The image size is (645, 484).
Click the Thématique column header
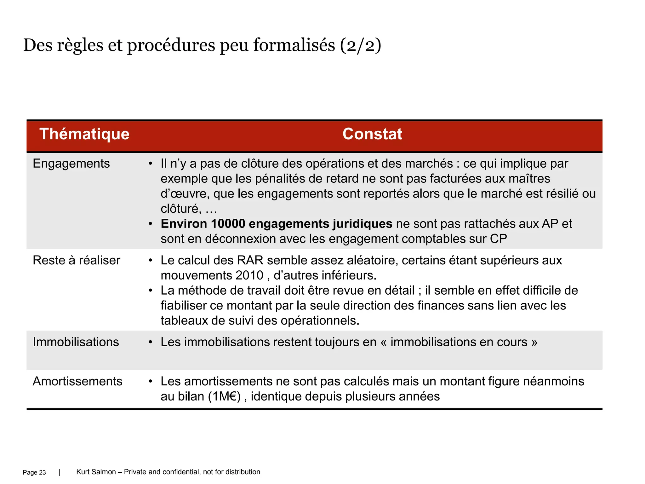pos(84,134)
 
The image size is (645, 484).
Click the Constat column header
pos(372,134)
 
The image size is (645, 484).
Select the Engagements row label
pos(71,164)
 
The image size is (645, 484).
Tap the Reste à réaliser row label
pos(77,260)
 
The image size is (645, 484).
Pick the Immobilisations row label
pos(76,342)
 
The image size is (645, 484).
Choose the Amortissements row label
pos(77,381)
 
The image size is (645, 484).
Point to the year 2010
pos(249,275)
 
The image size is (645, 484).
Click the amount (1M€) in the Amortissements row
pos(225,396)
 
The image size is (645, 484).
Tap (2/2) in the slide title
pos(361,45)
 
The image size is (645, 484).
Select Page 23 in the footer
pos(34,472)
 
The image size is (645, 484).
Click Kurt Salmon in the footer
pos(96,472)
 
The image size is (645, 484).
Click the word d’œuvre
pos(185,193)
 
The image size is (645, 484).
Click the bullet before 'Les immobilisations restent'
pos(151,342)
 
